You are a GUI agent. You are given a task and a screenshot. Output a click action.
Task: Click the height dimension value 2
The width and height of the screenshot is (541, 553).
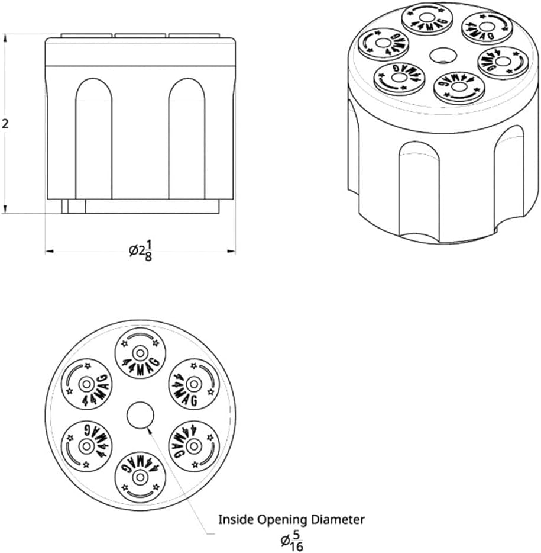[6, 124]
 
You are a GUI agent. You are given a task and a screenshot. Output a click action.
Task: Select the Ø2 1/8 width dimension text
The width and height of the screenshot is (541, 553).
[141, 251]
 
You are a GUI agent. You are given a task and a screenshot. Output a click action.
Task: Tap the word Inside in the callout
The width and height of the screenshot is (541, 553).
[236, 520]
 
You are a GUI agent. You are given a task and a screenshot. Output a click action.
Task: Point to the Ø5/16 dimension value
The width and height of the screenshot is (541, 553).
[291, 540]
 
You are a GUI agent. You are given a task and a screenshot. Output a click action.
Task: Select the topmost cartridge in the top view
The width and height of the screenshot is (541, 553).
[140, 353]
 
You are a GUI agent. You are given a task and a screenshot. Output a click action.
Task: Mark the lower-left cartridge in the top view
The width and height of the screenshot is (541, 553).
[87, 445]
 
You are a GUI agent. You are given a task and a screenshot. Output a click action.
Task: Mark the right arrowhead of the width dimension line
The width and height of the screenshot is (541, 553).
[233, 252]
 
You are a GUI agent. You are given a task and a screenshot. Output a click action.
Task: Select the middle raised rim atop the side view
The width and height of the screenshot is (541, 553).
[141, 36]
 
